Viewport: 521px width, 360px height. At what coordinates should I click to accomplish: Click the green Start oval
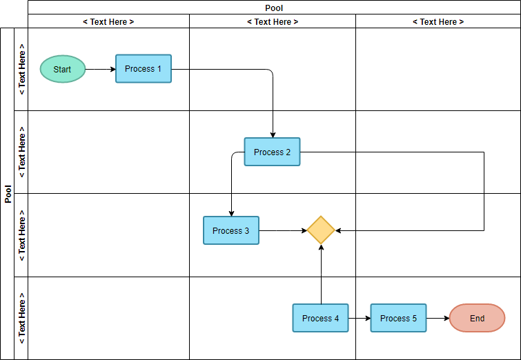(62, 69)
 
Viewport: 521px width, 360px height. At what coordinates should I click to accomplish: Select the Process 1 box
(144, 69)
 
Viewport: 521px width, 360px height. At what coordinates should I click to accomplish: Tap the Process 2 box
(272, 152)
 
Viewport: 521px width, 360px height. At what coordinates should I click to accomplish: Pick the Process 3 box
(230, 230)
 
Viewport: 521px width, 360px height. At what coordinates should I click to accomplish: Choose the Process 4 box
(320, 318)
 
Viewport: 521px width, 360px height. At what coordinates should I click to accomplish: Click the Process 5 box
(398, 318)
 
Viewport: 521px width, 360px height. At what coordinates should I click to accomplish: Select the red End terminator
(477, 318)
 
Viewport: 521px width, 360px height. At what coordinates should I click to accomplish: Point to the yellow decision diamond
(321, 230)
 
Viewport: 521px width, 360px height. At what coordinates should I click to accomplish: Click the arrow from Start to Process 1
(100, 69)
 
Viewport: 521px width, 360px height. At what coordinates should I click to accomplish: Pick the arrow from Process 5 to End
(438, 318)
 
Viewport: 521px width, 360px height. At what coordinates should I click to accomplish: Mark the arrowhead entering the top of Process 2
(273, 134)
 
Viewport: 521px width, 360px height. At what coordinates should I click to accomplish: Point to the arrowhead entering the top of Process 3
(231, 212)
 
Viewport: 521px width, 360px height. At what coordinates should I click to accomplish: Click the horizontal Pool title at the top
(274, 8)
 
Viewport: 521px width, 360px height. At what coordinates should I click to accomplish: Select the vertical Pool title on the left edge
(8, 194)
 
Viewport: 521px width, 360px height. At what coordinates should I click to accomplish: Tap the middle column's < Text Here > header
(273, 21)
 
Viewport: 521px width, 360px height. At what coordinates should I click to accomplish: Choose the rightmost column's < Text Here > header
(438, 21)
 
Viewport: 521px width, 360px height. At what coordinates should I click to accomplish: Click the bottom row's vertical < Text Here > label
(21, 318)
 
